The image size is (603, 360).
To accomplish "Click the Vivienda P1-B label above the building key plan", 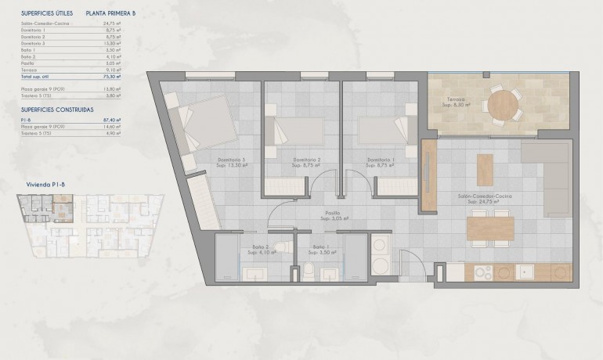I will point(39,184).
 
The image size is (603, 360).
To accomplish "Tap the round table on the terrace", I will point(504,102).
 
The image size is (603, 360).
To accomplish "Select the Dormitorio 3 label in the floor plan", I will point(232,160).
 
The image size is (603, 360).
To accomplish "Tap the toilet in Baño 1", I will point(309,270).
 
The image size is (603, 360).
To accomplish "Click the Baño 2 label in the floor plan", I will point(259,247).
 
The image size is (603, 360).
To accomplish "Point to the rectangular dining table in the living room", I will point(490,229).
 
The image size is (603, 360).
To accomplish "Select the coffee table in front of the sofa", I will point(486,169).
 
